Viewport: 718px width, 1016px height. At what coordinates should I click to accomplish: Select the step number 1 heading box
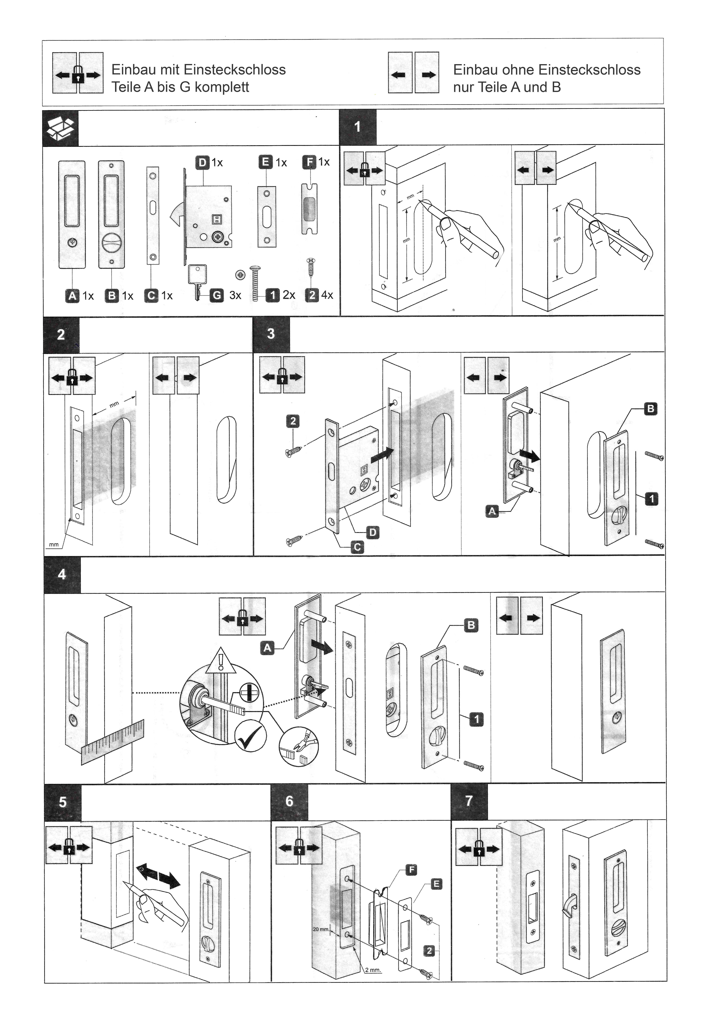(357, 127)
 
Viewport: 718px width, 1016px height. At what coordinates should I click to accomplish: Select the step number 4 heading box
(62, 574)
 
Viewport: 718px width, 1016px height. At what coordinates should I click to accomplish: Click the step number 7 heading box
(469, 801)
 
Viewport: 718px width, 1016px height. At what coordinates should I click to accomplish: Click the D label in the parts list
(202, 162)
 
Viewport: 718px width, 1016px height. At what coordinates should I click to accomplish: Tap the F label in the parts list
(309, 162)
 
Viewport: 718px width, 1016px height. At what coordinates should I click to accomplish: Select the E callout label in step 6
(436, 884)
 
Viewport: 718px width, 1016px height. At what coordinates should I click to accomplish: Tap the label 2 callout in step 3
(293, 421)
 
